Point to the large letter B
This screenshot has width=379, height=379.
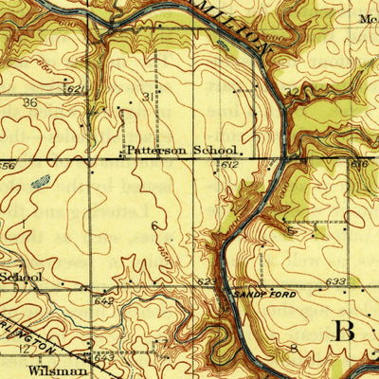pos(345,331)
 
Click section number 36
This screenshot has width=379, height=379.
pos(29,102)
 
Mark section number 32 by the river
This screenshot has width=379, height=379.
pos(290,92)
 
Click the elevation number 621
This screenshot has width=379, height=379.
pos(78,89)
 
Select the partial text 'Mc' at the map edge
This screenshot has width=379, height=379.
pos(369,17)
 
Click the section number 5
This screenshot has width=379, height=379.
pos(294,229)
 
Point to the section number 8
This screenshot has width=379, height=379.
pos(294,350)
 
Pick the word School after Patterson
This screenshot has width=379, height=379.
pos(216,150)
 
